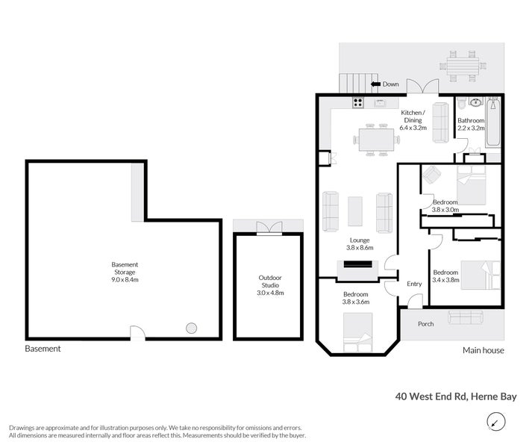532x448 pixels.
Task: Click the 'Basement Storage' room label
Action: point(125,272)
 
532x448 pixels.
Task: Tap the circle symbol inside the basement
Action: point(192,328)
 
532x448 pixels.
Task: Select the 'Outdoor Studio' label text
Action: point(269,284)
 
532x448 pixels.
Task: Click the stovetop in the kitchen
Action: point(358,104)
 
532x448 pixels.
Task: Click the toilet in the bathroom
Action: point(462,103)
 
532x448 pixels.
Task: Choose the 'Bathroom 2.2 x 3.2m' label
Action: point(471,124)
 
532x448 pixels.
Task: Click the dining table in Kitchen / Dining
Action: point(376,138)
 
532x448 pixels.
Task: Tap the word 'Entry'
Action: point(414,284)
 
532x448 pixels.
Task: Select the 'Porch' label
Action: point(425,323)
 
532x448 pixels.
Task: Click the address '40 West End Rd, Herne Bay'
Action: point(455,397)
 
